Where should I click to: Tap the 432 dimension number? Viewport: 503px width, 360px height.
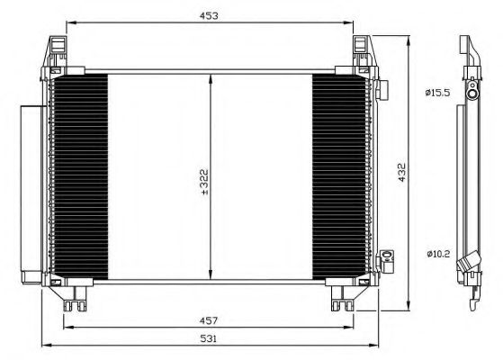[402, 170]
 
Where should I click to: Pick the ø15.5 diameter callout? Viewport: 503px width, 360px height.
[437, 92]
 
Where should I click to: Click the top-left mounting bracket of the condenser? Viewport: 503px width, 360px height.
[57, 53]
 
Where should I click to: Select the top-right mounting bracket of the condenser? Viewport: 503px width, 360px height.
[361, 53]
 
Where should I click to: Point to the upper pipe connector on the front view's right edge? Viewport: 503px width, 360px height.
[382, 90]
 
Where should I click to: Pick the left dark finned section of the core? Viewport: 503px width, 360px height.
[80, 177]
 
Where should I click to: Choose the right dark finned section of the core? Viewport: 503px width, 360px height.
[339, 177]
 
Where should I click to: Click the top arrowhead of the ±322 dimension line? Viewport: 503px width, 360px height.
[211, 77]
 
